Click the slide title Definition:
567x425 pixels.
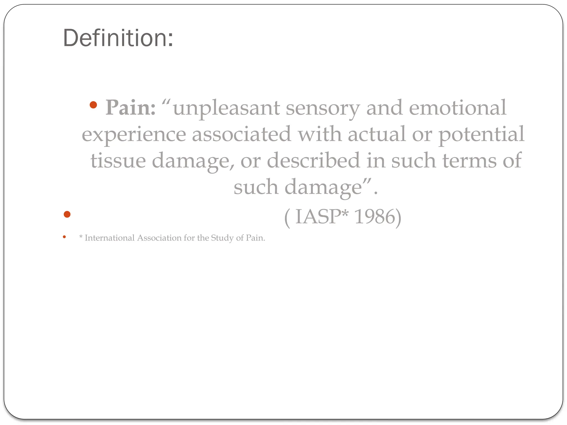[118, 38]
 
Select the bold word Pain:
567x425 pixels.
[130, 108]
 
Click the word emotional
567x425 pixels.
[458, 108]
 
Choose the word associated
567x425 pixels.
[242, 134]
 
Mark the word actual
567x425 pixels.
[377, 134]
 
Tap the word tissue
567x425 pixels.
[118, 160]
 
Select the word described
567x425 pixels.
[313, 160]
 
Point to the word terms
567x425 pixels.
[469, 160]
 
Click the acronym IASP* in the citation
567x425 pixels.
[321, 217]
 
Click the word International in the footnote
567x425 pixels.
[110, 238]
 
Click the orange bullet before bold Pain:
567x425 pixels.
[93, 105]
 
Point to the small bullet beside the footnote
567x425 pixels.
[64, 237]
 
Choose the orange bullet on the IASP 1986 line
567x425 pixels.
[67, 214]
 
